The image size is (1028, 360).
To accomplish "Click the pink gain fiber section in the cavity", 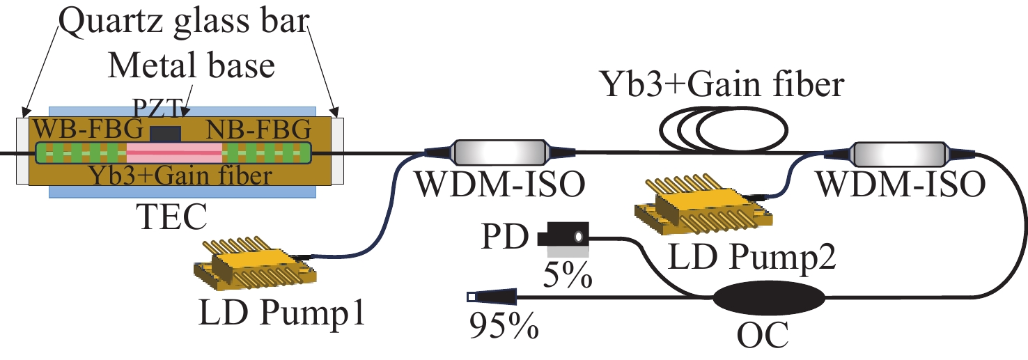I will [x=174, y=152].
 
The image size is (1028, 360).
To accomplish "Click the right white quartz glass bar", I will [x=338, y=150].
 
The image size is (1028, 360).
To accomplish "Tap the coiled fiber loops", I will [x=724, y=130].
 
